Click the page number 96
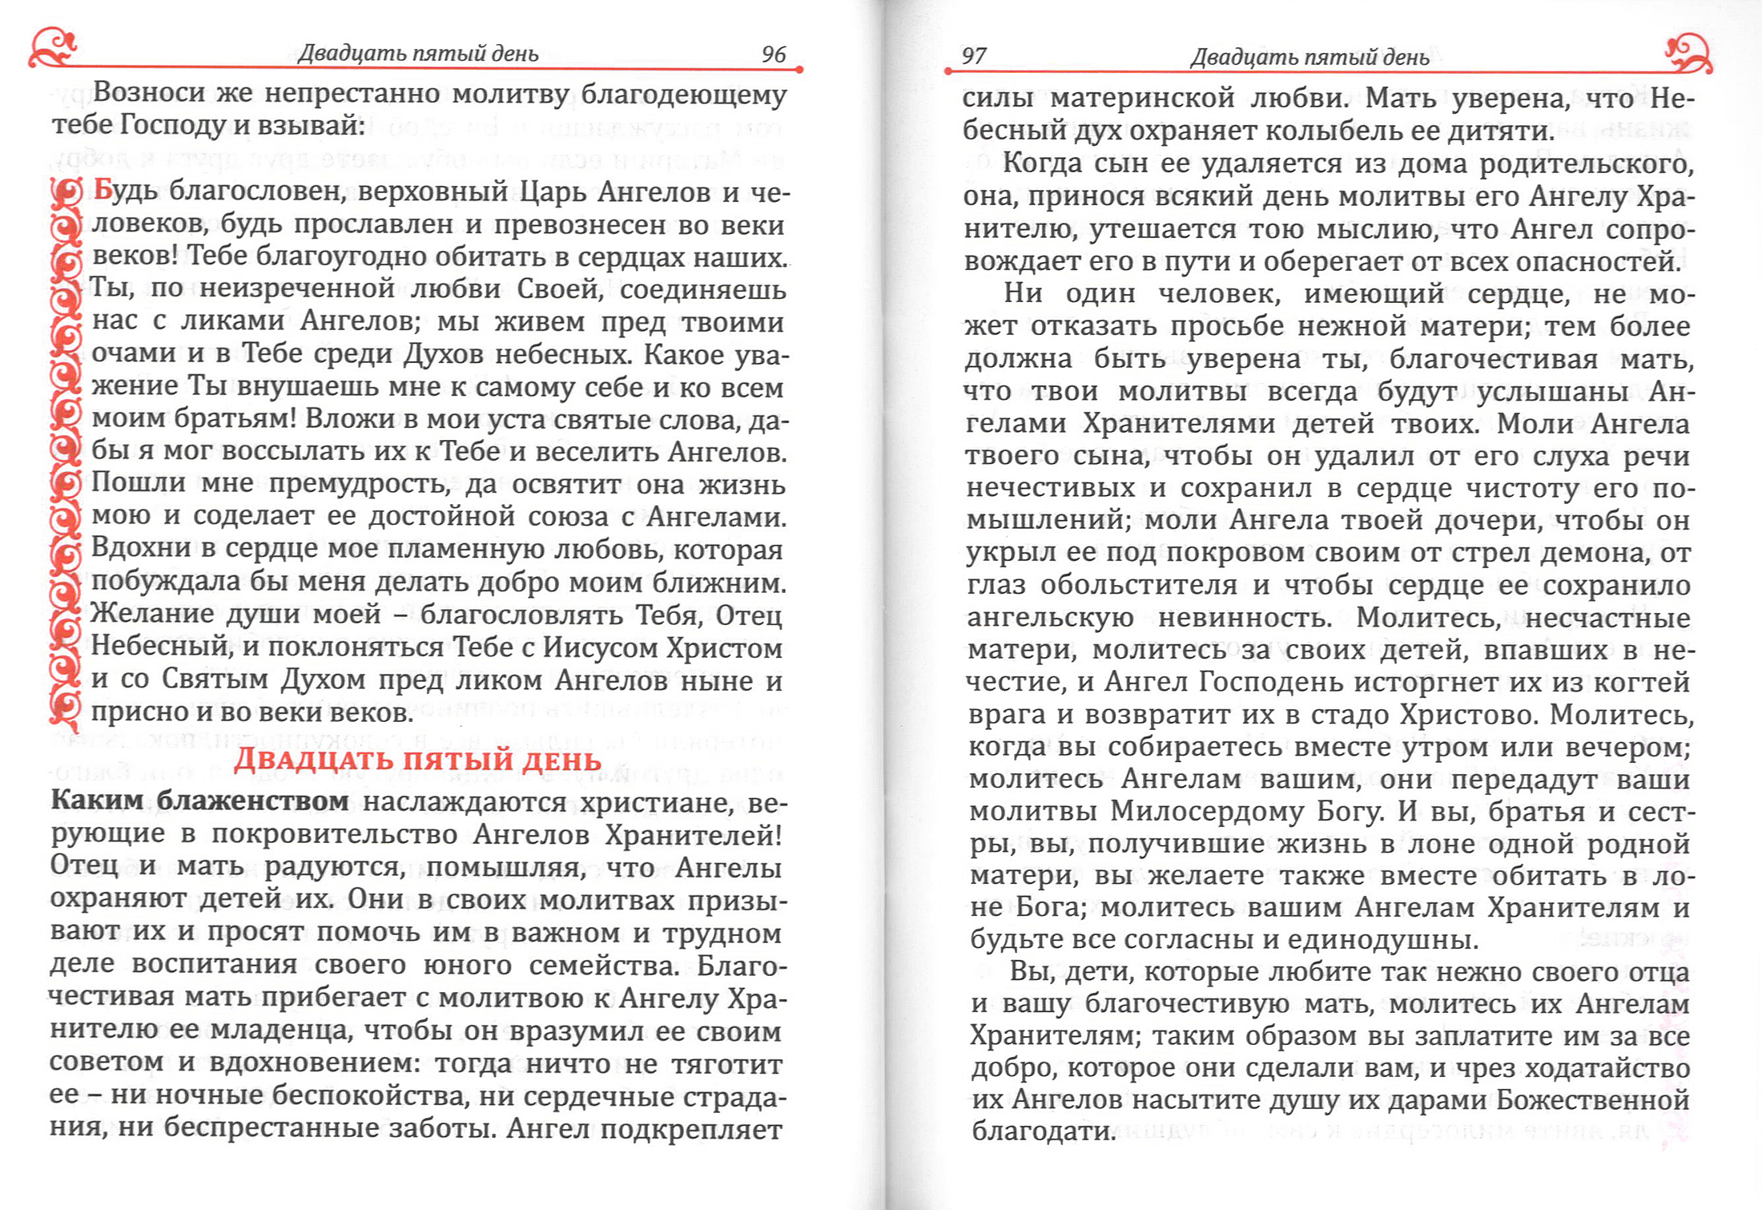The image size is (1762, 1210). coord(774,54)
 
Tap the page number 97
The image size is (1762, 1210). coord(974,56)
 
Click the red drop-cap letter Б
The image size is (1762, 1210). coord(103,190)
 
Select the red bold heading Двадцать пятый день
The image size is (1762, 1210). coord(417,759)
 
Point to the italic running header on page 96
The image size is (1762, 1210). coord(418,54)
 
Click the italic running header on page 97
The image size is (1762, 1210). coord(1309,57)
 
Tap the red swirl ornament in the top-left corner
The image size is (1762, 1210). coord(53,48)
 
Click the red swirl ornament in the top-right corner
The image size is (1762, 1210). coord(1688,52)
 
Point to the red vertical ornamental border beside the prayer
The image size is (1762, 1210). coord(66,449)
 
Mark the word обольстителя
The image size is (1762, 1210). coord(1139,585)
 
